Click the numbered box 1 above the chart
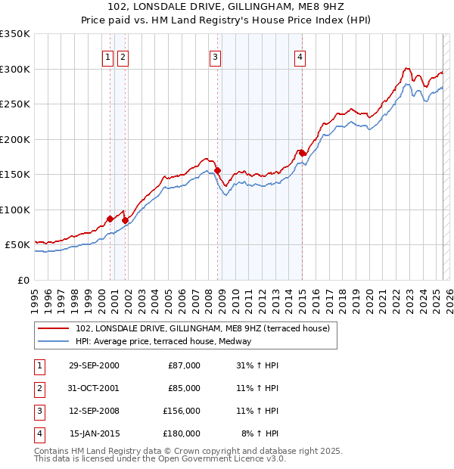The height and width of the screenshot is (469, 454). pyautogui.click(x=108, y=55)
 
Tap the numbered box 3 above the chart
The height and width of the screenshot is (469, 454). pyautogui.click(x=216, y=55)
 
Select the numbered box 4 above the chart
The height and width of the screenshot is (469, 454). pyautogui.click(x=300, y=55)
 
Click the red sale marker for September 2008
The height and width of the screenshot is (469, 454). pyautogui.click(x=218, y=170)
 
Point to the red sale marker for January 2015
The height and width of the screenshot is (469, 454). pyautogui.click(x=302, y=153)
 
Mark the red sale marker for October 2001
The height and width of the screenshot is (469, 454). pyautogui.click(x=125, y=220)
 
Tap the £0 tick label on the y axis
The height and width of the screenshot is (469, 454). pyautogui.click(x=22, y=280)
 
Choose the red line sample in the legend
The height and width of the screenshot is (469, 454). pyautogui.click(x=54, y=329)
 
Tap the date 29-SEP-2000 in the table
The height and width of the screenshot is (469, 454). pyautogui.click(x=94, y=365)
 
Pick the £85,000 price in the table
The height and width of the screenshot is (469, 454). pyautogui.click(x=184, y=388)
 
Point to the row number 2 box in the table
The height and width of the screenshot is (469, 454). pyautogui.click(x=39, y=388)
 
